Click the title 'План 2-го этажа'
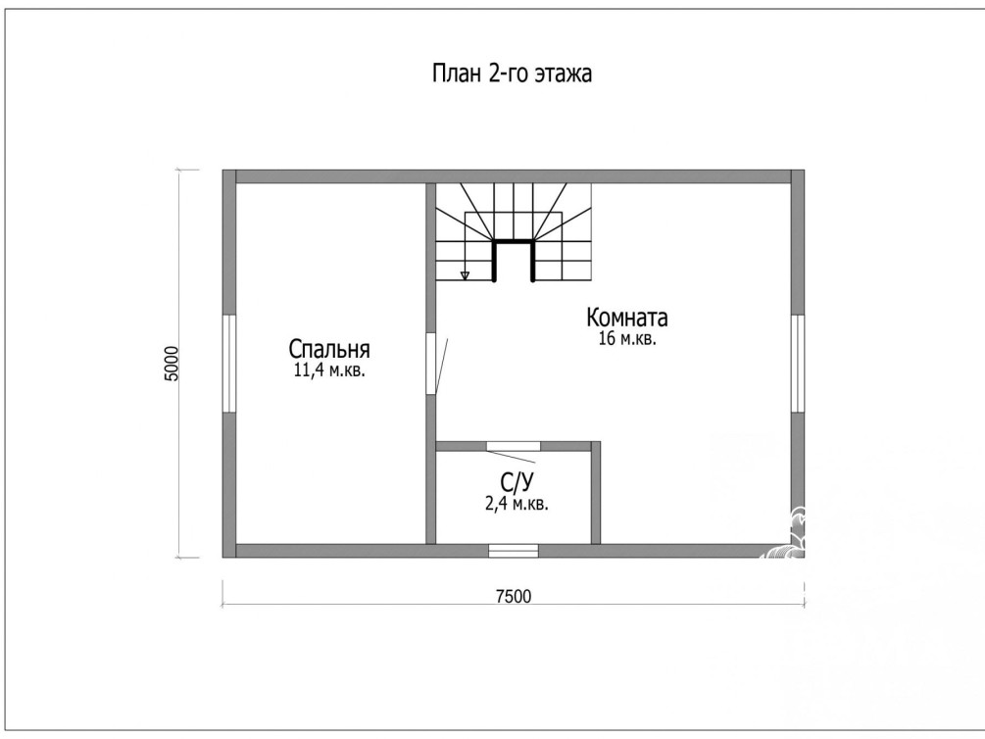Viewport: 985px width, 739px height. click(512, 74)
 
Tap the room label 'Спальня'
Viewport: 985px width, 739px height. click(329, 349)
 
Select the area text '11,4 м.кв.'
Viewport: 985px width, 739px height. click(329, 370)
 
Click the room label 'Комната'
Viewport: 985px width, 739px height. click(627, 318)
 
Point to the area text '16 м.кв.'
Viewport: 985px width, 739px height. click(627, 339)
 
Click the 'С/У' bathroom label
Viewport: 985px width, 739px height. click(517, 482)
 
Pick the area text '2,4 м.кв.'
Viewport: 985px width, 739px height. click(517, 504)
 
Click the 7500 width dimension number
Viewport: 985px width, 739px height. click(514, 596)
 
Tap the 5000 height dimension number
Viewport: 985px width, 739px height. click(172, 364)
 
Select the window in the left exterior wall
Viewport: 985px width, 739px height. click(229, 364)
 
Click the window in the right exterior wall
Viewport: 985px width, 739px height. click(797, 364)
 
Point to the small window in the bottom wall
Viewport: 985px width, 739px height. click(514, 551)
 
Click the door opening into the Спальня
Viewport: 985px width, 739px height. click(431, 364)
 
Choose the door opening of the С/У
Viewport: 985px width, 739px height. click(514, 446)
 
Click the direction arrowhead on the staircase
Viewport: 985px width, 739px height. click(465, 275)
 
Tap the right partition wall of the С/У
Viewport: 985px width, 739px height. click(596, 493)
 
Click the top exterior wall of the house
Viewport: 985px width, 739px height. click(514, 176)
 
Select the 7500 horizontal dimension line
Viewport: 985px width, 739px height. click(514, 605)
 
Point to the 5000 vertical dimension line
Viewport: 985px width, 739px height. click(180, 364)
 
